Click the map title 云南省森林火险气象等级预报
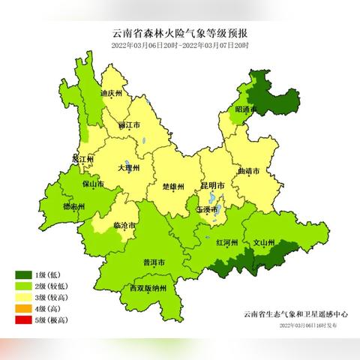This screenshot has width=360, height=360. click(x=180, y=34)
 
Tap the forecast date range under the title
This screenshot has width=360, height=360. click(x=180, y=46)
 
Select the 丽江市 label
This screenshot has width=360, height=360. click(x=129, y=125)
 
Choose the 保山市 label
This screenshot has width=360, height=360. click(x=92, y=182)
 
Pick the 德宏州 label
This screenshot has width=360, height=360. click(x=73, y=206)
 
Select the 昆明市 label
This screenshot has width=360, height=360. click(x=213, y=184)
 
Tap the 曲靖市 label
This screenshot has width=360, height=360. click(x=248, y=172)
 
